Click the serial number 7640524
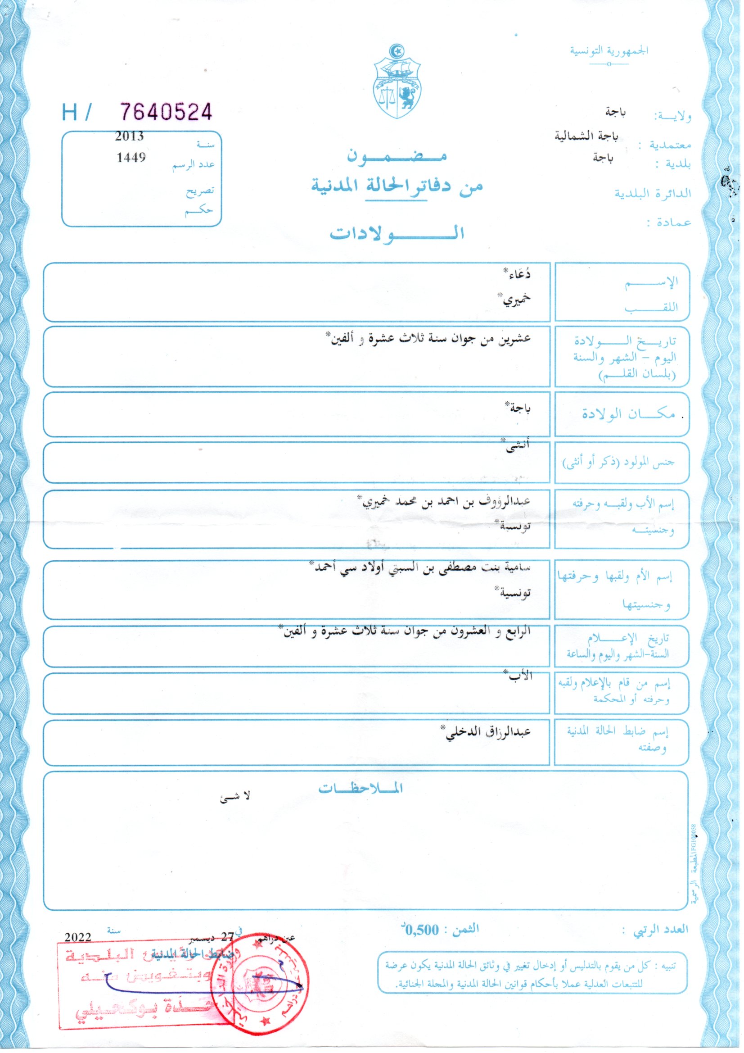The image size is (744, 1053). pyautogui.click(x=166, y=111)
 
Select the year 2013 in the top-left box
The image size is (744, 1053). pyautogui.click(x=129, y=136)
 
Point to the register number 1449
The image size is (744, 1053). pyautogui.click(x=131, y=157)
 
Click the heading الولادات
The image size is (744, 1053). pyautogui.click(x=397, y=233)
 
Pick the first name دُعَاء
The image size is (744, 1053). pyautogui.click(x=518, y=275)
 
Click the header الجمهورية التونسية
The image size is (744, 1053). pyautogui.click(x=609, y=50)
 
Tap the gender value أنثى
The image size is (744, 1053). pyautogui.click(x=518, y=446)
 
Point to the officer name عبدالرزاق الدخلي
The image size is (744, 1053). pyautogui.click(x=489, y=731)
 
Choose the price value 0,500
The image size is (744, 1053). pyautogui.click(x=422, y=930)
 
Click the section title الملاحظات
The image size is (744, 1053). pyautogui.click(x=361, y=788)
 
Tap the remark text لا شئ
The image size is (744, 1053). pyautogui.click(x=235, y=797)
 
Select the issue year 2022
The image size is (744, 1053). pyautogui.click(x=78, y=936)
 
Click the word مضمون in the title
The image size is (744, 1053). pyautogui.click(x=397, y=156)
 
